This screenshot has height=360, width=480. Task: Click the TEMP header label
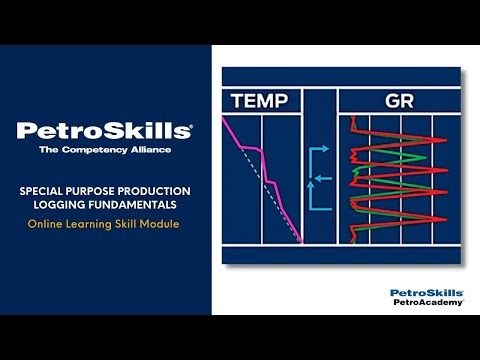point(260,100)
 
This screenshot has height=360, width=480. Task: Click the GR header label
point(398,100)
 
